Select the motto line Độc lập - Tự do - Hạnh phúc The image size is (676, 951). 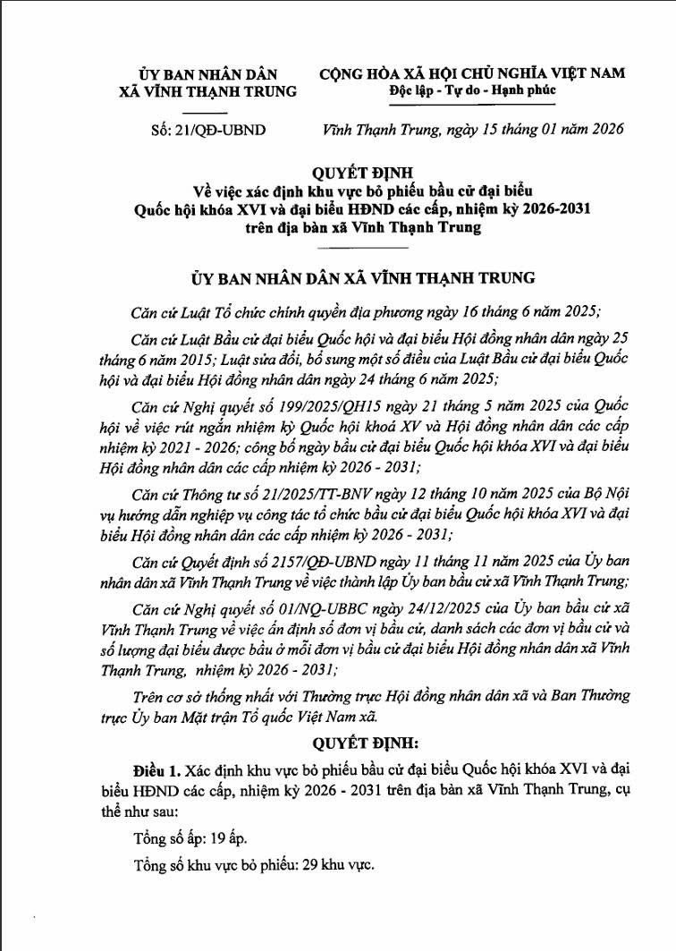point(472,90)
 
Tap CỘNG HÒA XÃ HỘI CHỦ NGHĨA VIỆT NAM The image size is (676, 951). point(472,73)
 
